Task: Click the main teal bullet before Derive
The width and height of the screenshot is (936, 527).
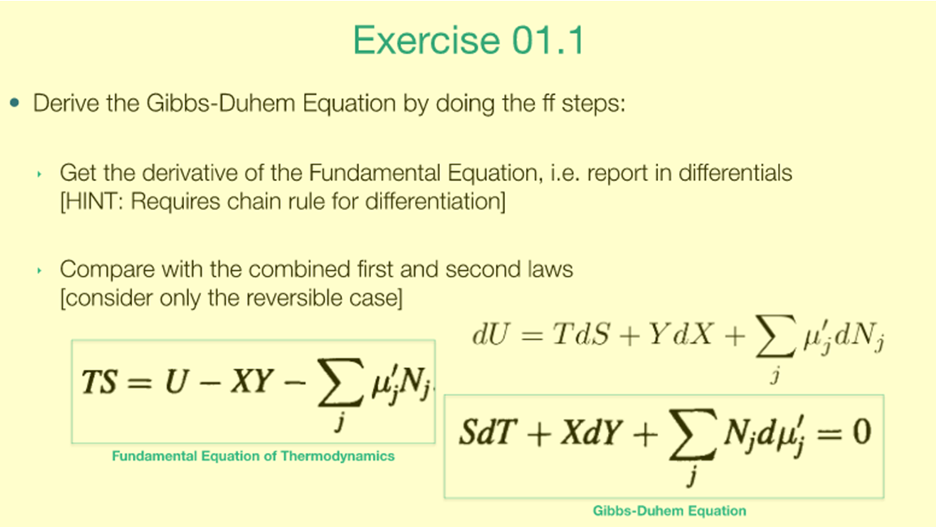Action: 14,105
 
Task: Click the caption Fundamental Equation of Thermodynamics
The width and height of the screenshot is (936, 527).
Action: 253,456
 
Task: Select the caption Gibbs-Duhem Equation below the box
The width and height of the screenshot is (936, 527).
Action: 669,511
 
